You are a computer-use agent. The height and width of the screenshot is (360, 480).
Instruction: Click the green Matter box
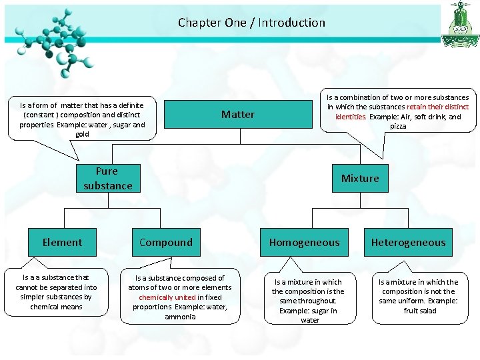point(238,114)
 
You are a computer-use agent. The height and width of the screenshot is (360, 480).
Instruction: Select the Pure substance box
point(108,179)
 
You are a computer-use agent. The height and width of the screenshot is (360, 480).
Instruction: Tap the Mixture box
point(360,179)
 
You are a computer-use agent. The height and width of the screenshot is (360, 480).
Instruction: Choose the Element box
point(63,243)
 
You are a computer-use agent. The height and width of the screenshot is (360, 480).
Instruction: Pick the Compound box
point(166,243)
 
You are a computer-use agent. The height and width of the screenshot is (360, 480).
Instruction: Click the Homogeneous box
point(304,243)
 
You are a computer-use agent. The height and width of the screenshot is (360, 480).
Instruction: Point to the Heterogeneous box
point(408,243)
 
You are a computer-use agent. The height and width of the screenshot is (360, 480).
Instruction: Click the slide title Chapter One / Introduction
point(251,23)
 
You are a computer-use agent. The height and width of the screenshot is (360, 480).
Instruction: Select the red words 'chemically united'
point(167,297)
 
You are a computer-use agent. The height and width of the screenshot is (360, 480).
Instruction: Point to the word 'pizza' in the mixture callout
point(398,126)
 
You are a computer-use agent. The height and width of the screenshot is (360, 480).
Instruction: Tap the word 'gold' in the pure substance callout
point(82,134)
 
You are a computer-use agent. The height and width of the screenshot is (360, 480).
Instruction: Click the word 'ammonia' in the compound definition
point(179,317)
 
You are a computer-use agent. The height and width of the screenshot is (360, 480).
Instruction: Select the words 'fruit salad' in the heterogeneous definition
point(420,311)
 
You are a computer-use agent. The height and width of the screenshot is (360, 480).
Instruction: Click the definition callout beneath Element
point(56,292)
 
